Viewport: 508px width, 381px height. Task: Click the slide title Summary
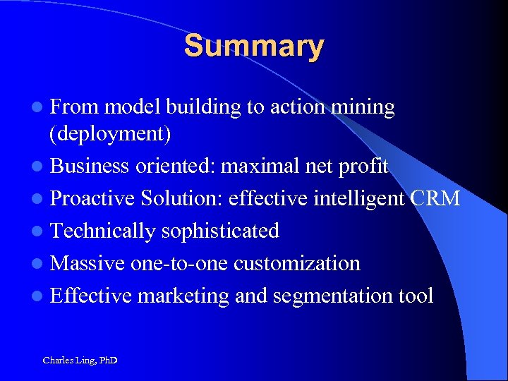254,47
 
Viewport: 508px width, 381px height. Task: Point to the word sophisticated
220,231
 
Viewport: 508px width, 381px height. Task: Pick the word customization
297,263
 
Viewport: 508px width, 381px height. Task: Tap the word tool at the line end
416,296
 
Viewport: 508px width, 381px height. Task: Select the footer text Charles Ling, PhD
80,361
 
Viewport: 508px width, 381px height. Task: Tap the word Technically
104,231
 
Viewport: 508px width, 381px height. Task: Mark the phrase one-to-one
180,263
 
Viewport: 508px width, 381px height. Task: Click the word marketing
183,296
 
